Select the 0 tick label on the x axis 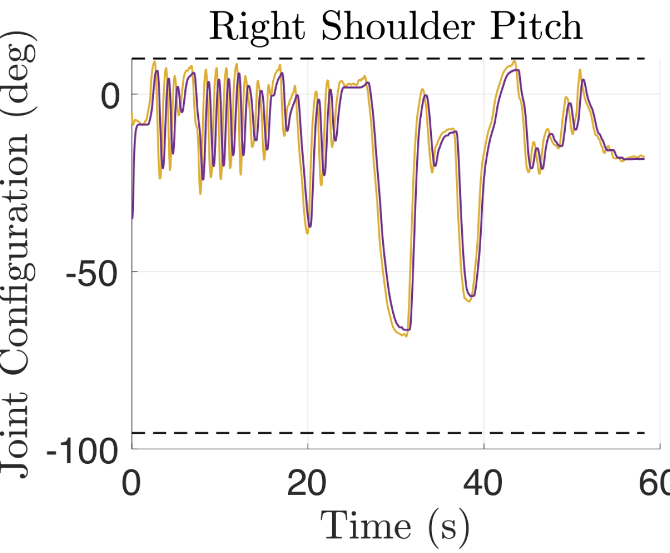coord(132,481)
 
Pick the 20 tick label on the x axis coord(308,481)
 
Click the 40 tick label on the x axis coord(483,481)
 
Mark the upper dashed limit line coord(392,58)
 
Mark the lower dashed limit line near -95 coord(392,432)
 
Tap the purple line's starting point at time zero coord(133,218)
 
